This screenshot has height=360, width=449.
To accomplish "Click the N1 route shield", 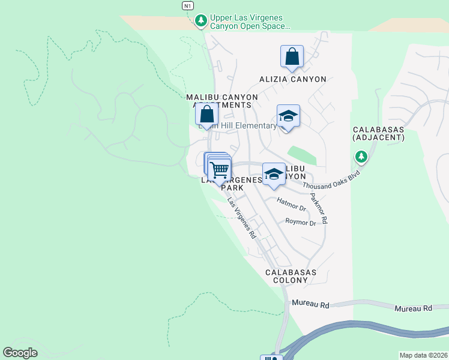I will (188, 5).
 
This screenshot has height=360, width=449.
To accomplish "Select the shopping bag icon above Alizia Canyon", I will (292, 56).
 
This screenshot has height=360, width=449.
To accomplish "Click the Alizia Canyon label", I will (292, 79).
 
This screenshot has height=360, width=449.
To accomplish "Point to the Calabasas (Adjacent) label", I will (379, 133).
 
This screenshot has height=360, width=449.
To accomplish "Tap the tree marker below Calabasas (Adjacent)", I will (361, 158).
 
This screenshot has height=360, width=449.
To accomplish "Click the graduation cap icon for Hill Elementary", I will (288, 116).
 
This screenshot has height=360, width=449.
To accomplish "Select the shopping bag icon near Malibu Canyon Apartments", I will (206, 113).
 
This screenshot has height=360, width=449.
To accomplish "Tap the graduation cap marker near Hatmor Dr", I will (274, 174).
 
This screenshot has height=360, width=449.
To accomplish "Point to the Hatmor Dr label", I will (292, 205).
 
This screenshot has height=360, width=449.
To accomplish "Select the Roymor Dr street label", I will (300, 223).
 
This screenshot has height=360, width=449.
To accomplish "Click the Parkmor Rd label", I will (318, 208).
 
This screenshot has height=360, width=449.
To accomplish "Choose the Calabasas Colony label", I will (291, 276).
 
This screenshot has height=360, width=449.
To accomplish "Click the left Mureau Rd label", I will (311, 305).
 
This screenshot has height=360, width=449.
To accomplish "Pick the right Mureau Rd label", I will (413, 308).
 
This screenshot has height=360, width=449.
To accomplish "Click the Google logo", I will (20, 353).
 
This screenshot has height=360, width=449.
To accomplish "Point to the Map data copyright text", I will (423, 355).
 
